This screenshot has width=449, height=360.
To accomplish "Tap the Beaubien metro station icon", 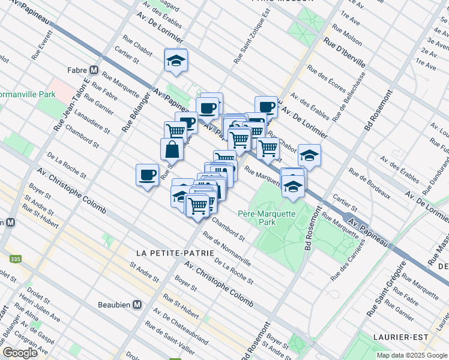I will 137,305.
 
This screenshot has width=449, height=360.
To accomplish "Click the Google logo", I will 20,352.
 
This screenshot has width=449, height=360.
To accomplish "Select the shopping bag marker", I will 172,150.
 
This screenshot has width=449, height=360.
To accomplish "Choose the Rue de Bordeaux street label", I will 370,185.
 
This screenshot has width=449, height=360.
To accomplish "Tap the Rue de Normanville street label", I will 226,248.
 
